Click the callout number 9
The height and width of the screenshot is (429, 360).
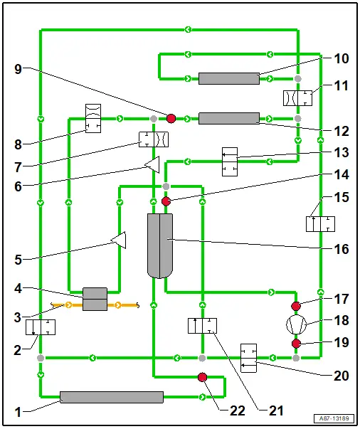coord(18,69)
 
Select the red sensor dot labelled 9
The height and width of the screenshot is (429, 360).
coord(171,119)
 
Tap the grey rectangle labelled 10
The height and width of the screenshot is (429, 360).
coord(229,79)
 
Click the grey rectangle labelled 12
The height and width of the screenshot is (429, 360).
coord(229,119)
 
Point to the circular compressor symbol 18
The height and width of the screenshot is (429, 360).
coord(296,324)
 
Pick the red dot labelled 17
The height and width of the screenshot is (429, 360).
coord(296,306)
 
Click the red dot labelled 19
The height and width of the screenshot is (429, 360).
coord(296,344)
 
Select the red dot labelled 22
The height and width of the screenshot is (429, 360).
coord(202,377)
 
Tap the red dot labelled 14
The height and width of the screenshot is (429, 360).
coord(166,201)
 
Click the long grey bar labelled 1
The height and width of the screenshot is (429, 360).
coord(112,397)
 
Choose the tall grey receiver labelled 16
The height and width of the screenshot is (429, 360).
coord(160,245)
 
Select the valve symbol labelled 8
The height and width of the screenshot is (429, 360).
coord(93,118)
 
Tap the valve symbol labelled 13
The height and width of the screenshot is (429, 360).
coord(230,161)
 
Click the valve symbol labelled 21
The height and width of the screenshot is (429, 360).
coord(203,326)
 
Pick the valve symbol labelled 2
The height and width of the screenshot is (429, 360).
coord(41,327)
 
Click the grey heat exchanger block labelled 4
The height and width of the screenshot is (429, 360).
coord(95,299)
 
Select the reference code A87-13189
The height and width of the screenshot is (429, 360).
coord(334,418)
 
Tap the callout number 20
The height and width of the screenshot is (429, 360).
coord(341,376)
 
